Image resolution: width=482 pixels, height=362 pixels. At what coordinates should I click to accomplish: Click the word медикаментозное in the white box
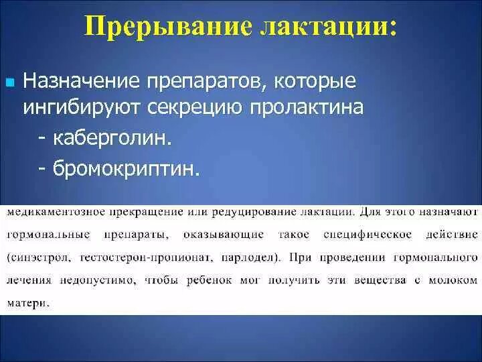coord(52,213)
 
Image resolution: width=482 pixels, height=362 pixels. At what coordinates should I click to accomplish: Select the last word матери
coord(29,302)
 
